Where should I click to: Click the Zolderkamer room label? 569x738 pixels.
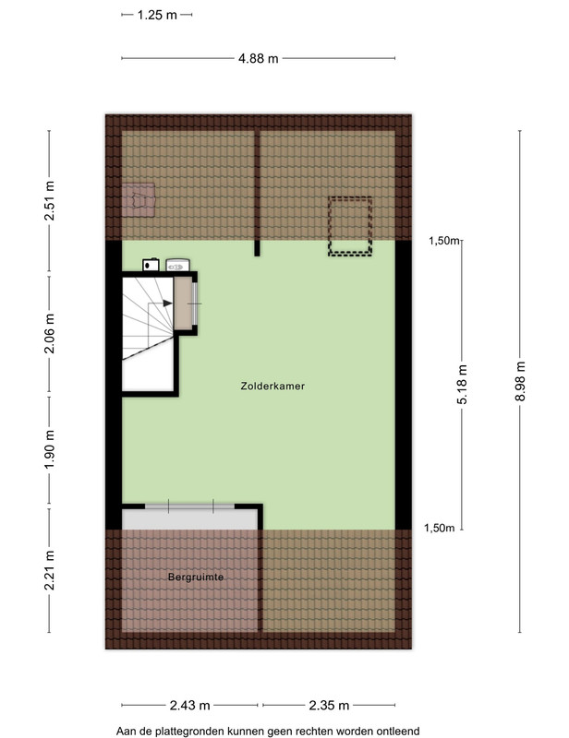coord(272,386)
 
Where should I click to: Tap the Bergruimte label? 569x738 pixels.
coord(196,577)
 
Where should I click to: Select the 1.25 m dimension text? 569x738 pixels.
coord(157,15)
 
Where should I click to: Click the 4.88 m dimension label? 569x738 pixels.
coord(258,59)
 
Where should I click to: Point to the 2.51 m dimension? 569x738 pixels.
coord(49,200)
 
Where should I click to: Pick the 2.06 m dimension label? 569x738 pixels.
coord(49,333)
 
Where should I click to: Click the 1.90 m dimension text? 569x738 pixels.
coord(49,449)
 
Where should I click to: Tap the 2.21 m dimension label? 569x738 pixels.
coord(49,570)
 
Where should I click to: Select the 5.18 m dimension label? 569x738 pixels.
coord(462,385)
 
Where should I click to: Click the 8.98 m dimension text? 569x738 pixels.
coord(520,381)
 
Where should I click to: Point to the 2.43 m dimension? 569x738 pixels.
coord(189,705)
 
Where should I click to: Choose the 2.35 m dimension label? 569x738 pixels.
coord(329,705)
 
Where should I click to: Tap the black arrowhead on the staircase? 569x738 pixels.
coord(167,304)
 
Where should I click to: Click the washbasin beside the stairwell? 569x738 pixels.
coord(177,265)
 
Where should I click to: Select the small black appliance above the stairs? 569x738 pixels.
coord(151,265)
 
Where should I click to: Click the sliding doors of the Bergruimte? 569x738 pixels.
coord(189,506)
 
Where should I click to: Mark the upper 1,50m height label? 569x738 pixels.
coord(443,241)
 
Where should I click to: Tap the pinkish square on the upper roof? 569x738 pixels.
coord(139,200)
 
